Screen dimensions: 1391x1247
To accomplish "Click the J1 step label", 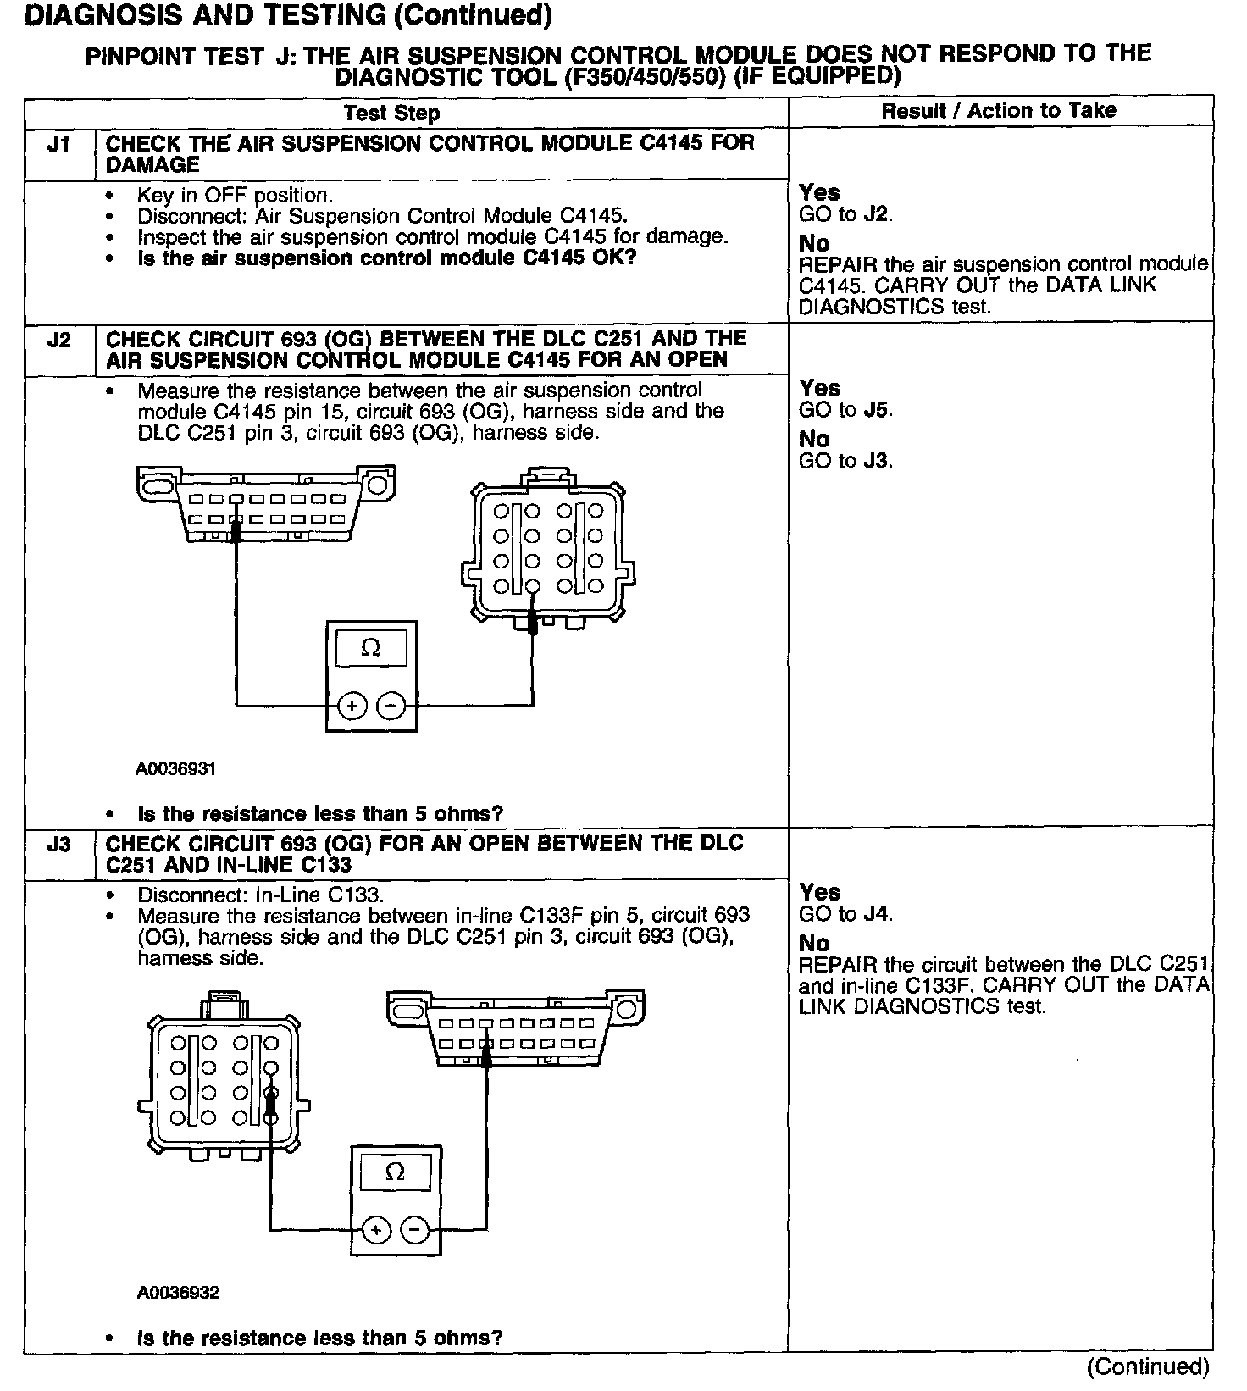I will (x=58, y=144).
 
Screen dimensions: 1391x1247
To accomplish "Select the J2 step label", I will (x=58, y=340).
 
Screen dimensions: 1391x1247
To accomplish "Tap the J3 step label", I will (x=58, y=845).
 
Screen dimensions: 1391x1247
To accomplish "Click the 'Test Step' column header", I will (x=391, y=114).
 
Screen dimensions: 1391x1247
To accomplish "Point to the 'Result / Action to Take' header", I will (x=999, y=111).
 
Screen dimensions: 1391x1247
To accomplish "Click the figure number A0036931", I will (x=176, y=769).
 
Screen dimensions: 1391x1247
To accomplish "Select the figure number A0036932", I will (x=178, y=1293).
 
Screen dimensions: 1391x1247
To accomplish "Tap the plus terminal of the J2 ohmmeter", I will (x=352, y=705).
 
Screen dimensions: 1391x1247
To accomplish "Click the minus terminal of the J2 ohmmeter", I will (x=391, y=705).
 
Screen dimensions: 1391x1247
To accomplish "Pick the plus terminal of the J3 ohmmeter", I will (x=376, y=1229).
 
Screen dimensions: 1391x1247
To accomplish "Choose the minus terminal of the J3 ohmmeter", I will (x=414, y=1229).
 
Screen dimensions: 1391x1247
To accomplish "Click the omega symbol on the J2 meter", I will (x=371, y=648).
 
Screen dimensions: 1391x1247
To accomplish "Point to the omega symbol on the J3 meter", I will (x=395, y=1172).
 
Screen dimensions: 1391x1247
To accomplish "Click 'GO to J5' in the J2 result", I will (x=845, y=411).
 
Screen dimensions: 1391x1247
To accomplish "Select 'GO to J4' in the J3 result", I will (x=845, y=915).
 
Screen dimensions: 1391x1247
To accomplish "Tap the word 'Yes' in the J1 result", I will (x=819, y=193).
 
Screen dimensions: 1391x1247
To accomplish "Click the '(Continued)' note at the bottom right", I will (x=1148, y=1366).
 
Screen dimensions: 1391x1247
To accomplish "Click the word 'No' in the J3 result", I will (x=814, y=944).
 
